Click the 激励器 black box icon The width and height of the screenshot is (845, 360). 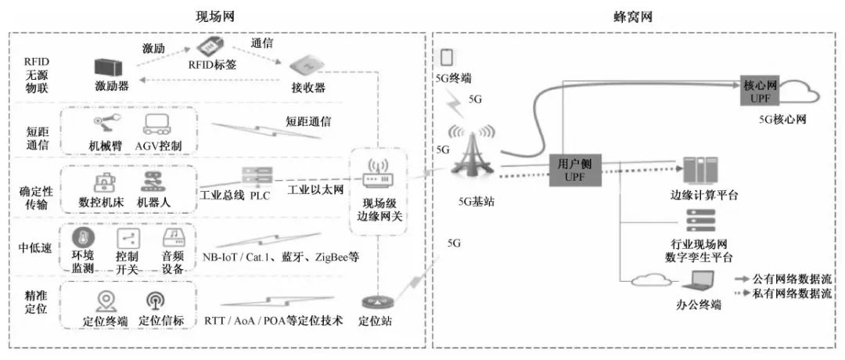[110, 68]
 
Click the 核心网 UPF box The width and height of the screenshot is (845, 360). [760, 88]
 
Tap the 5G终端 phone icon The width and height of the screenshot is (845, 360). [446, 58]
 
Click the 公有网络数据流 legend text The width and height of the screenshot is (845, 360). [791, 279]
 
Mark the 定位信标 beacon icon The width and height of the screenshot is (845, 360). [154, 301]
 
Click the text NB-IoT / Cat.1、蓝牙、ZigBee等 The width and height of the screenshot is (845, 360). [281, 257]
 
